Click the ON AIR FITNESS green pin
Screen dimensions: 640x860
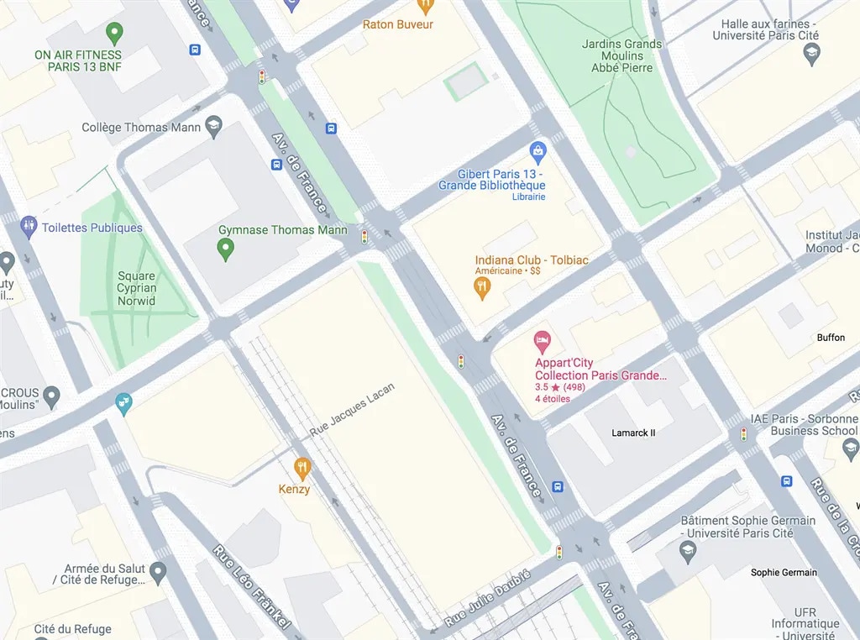pyautogui.click(x=115, y=34)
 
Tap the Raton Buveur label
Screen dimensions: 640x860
pyautogui.click(x=398, y=24)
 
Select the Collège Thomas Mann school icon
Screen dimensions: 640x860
pyautogui.click(x=213, y=126)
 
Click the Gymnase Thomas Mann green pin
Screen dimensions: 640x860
pyautogui.click(x=225, y=248)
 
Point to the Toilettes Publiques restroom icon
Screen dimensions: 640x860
pyautogui.click(x=29, y=226)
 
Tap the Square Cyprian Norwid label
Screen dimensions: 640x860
pyautogui.click(x=136, y=288)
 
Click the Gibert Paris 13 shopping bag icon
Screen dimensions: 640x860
pyautogui.click(x=538, y=152)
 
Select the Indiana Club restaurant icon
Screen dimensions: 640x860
pyautogui.click(x=481, y=288)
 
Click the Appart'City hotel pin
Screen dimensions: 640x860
pyautogui.click(x=543, y=342)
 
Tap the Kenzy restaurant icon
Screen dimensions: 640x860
pyautogui.click(x=302, y=468)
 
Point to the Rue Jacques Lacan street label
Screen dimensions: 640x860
pyautogui.click(x=352, y=409)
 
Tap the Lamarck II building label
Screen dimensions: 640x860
pyautogui.click(x=633, y=433)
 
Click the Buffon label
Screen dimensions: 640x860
pyautogui.click(x=831, y=338)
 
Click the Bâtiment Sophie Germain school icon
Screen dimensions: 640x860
pyautogui.click(x=689, y=551)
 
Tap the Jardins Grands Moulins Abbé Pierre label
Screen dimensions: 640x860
pyautogui.click(x=621, y=56)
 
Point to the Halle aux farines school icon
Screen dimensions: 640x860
pyautogui.click(x=811, y=55)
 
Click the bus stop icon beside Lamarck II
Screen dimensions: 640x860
pyautogui.click(x=558, y=487)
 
